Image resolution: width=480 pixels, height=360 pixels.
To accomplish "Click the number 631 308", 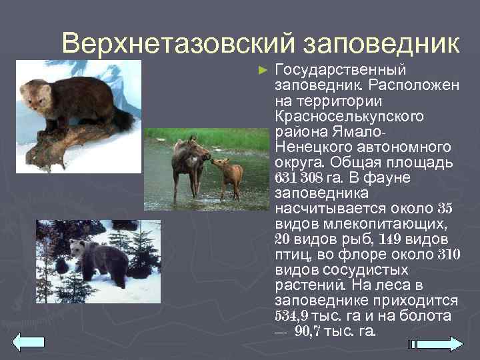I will click(x=301, y=179).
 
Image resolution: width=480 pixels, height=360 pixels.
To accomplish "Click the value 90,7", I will click(x=307, y=331).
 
